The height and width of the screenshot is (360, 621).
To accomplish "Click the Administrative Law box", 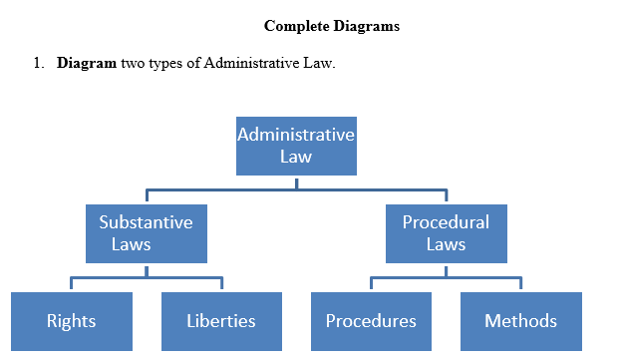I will (295, 146).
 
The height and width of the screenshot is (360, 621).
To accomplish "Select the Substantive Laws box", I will (146, 232).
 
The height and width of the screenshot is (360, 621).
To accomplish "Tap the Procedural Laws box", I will (446, 232).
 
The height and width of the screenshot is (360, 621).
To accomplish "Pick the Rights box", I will (71, 321).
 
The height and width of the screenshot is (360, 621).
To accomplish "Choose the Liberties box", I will (221, 321).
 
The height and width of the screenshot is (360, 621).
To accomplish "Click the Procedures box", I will (371, 321).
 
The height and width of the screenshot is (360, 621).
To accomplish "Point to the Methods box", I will (520, 321).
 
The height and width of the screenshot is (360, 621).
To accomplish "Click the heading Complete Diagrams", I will (332, 26).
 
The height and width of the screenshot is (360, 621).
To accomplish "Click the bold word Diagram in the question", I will (87, 64).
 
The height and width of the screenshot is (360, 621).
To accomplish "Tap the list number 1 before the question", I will (36, 64).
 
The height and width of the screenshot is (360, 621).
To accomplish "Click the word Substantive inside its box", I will (146, 221).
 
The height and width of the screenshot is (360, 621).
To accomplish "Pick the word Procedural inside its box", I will (446, 221).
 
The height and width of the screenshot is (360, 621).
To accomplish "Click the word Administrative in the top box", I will (295, 135).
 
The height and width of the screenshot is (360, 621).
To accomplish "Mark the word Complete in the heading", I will (296, 26).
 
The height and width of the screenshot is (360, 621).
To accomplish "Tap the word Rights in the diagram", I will (71, 321).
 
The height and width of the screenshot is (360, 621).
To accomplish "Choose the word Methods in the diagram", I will (520, 321).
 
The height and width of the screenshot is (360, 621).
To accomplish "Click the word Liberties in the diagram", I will (221, 321).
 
